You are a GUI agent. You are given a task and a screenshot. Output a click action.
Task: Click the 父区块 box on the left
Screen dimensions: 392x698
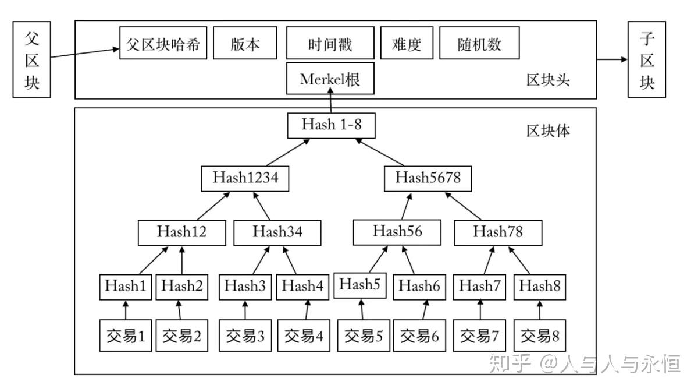(31, 59)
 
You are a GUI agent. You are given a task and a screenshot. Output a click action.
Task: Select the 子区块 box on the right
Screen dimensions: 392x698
(647, 59)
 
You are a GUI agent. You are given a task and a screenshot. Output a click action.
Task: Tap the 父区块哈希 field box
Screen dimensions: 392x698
(163, 43)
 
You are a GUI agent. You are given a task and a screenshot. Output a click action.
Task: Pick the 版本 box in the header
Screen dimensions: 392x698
(245, 43)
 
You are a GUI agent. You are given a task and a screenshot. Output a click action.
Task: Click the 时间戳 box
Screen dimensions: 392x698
(330, 43)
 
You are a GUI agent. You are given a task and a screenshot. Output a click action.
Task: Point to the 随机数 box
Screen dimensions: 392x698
(479, 43)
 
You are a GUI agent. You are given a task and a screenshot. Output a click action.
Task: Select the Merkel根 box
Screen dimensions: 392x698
(330, 79)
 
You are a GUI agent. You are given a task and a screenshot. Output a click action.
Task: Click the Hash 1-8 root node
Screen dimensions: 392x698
(330, 125)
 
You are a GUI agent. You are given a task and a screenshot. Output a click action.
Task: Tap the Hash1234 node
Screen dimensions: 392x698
(245, 178)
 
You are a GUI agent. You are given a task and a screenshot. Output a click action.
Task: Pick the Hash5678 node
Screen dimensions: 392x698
(428, 178)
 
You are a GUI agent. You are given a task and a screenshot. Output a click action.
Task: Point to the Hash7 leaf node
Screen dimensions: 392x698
(480, 286)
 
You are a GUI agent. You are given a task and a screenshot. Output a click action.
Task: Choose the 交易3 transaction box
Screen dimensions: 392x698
(245, 336)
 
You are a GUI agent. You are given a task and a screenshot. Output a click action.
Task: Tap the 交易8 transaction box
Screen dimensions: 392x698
(539, 336)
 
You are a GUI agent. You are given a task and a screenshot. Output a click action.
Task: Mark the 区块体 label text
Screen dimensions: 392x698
(548, 130)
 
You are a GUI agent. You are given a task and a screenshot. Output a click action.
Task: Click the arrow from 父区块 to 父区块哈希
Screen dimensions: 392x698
(84, 54)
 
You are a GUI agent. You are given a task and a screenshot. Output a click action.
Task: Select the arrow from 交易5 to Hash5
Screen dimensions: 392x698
(361, 309)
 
